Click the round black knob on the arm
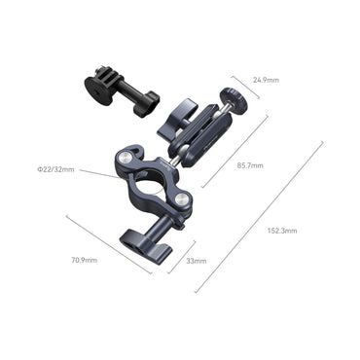(x=233, y=99)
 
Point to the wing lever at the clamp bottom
(x=135, y=236)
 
